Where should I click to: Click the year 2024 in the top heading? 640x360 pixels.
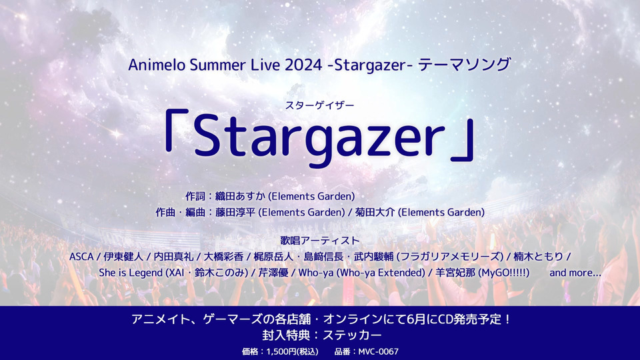pyautogui.click(x=303, y=65)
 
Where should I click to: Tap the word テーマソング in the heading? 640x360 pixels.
pyautogui.click(x=465, y=65)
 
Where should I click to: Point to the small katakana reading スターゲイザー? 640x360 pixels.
pyautogui.click(x=319, y=105)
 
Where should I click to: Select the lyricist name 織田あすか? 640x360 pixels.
pyautogui.click(x=241, y=196)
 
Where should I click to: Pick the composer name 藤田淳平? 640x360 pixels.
pyautogui.click(x=235, y=213)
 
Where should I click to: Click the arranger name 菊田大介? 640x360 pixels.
pyautogui.click(x=375, y=213)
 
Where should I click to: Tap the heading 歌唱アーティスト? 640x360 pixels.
pyautogui.click(x=320, y=241)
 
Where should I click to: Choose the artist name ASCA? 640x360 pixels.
pyautogui.click(x=81, y=257)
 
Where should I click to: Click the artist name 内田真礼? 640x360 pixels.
pyautogui.click(x=173, y=257)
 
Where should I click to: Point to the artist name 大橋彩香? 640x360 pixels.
pyautogui.click(x=224, y=257)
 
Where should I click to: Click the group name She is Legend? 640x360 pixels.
pyautogui.click(x=131, y=273)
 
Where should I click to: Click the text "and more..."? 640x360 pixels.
pyautogui.click(x=575, y=273)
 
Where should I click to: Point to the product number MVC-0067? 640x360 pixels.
pyautogui.click(x=379, y=351)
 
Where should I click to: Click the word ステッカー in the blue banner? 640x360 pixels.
pyautogui.click(x=352, y=335)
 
